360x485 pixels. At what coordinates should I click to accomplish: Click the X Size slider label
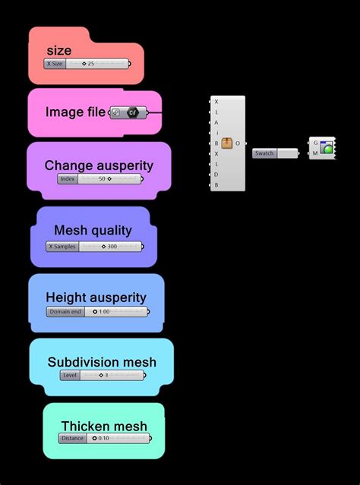[55, 65]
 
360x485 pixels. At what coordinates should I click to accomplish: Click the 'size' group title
[58, 51]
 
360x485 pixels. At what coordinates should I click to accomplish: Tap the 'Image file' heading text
[75, 112]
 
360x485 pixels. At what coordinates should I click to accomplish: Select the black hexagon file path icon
[132, 113]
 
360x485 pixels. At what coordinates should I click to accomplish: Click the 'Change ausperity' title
[99, 165]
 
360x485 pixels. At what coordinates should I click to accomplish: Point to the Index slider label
[68, 179]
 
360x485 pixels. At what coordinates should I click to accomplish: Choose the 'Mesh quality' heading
[93, 230]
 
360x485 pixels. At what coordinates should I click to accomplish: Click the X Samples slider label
[61, 247]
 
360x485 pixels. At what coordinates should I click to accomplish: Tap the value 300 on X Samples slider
[112, 247]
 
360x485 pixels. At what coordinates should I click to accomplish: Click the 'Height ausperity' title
[96, 298]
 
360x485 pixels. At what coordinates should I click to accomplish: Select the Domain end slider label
[65, 311]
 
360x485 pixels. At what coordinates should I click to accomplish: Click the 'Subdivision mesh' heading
[102, 362]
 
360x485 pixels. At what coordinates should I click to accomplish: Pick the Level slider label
[69, 375]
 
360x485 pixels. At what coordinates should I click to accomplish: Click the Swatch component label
[264, 153]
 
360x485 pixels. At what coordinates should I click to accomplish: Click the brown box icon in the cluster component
[226, 143]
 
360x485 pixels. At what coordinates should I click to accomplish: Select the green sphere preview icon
[327, 149]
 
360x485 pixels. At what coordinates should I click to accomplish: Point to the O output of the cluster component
[238, 143]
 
